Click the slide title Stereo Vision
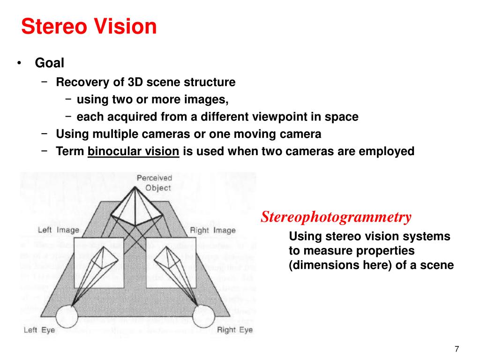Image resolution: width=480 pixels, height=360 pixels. (x=89, y=27)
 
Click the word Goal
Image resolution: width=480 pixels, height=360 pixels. (x=49, y=63)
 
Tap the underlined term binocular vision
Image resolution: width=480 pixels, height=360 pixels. (x=133, y=151)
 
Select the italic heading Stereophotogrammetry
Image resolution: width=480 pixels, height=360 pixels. (x=336, y=217)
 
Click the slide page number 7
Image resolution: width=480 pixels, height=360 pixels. (x=457, y=349)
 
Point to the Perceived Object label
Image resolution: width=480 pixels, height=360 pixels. (x=154, y=183)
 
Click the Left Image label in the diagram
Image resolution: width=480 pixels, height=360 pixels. (x=59, y=230)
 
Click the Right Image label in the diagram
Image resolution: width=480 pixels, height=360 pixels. (x=212, y=230)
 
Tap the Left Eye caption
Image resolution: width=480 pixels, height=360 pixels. (x=39, y=330)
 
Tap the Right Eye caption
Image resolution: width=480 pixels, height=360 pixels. (x=235, y=330)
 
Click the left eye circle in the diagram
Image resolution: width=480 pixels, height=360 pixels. (x=67, y=317)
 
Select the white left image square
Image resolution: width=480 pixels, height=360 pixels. (x=98, y=262)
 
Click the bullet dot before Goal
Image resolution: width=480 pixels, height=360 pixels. (x=20, y=63)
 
